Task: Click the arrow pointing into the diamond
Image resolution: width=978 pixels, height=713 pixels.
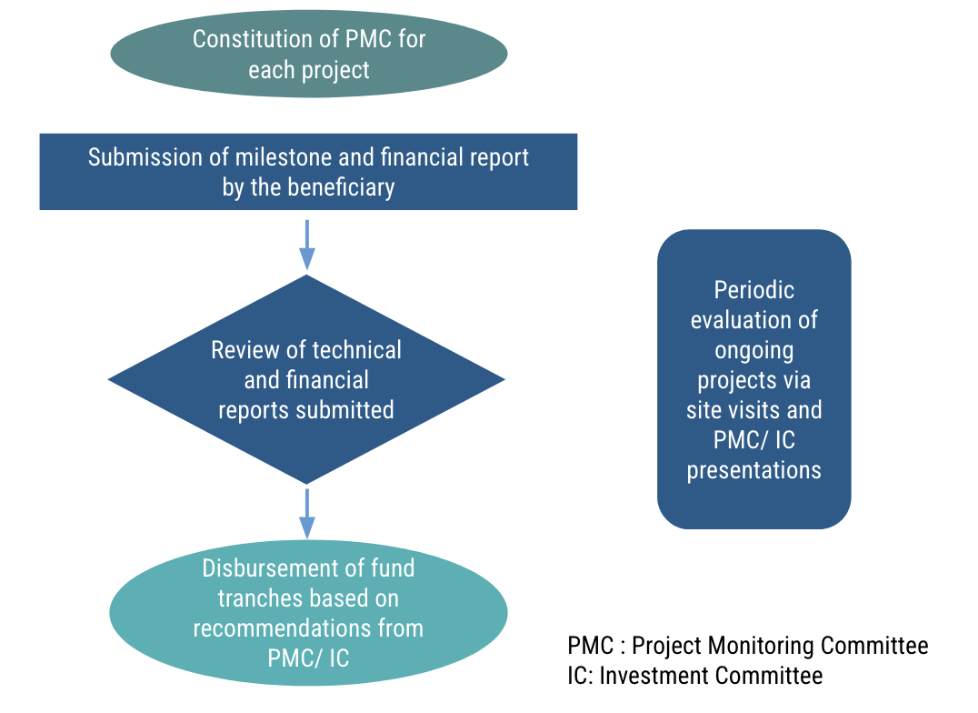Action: [x=307, y=245]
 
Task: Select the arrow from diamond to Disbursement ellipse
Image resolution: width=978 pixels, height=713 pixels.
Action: [x=307, y=514]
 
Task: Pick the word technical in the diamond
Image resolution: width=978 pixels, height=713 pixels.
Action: [x=356, y=350]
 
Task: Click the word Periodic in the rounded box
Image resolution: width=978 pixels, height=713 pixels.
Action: [x=753, y=290]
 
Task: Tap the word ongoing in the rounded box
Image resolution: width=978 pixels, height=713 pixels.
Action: [x=753, y=350]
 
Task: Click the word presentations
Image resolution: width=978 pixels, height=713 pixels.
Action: [x=753, y=470]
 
